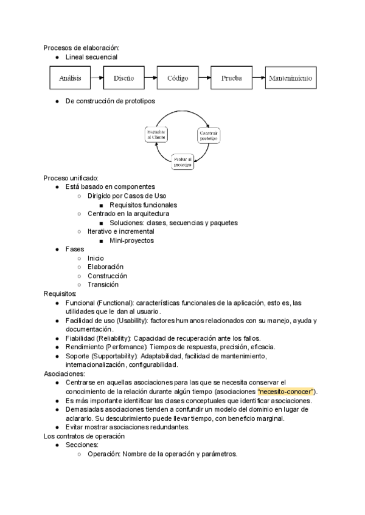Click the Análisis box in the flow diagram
point(70,78)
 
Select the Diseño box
point(124,78)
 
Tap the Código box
point(178,78)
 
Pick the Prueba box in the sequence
point(231,78)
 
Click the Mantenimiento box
point(290,78)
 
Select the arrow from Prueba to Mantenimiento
point(258,78)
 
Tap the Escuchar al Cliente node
point(156,135)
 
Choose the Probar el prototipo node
point(182,162)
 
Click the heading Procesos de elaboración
point(81,47)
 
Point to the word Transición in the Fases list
point(103,284)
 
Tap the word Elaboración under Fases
point(105,267)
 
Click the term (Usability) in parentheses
point(131,320)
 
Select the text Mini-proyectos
point(131,240)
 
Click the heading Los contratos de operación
point(84,436)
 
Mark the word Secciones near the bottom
point(82,445)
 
